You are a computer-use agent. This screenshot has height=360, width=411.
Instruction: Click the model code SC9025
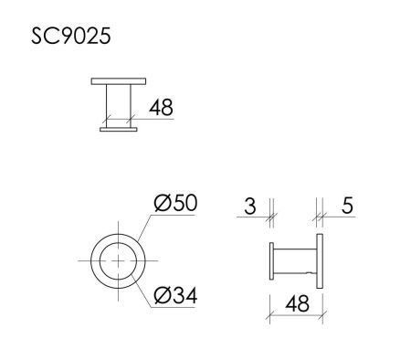point(72,39)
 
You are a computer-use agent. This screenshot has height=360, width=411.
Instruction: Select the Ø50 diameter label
point(176,202)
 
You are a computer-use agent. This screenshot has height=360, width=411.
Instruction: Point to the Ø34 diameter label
point(176,296)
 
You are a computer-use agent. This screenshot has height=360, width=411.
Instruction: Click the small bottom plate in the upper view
point(118,130)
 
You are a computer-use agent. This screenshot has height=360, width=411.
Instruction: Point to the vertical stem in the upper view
point(118,106)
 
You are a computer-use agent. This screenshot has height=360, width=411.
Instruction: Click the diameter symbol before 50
point(160,202)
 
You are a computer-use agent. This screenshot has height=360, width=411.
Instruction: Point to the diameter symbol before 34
point(160,296)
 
